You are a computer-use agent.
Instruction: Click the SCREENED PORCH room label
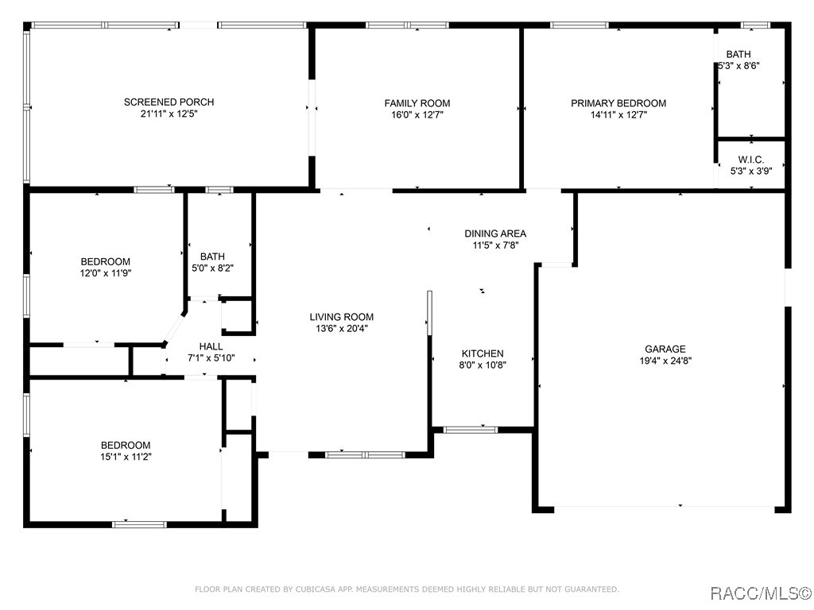[169, 102]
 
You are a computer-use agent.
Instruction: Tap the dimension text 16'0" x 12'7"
[417, 114]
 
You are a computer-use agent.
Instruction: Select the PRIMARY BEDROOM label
[618, 103]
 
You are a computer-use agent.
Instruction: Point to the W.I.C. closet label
[751, 160]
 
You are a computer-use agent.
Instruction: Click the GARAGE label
[665, 349]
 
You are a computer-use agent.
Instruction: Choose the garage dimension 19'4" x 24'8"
[665, 361]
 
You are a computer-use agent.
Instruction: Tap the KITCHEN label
[483, 353]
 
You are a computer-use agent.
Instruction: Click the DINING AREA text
[495, 234]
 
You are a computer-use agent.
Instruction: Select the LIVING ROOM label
[341, 317]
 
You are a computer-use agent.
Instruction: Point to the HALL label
[211, 346]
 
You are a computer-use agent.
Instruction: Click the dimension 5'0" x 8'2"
[212, 268]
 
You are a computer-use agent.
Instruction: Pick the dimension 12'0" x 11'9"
[105, 273]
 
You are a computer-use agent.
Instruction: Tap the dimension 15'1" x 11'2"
[125, 457]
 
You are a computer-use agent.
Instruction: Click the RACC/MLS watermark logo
[758, 593]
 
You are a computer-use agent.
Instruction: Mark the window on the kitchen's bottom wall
[470, 430]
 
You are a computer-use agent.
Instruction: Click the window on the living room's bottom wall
[365, 455]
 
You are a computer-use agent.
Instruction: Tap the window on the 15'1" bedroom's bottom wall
[139, 524]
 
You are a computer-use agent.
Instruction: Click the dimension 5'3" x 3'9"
[751, 170]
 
